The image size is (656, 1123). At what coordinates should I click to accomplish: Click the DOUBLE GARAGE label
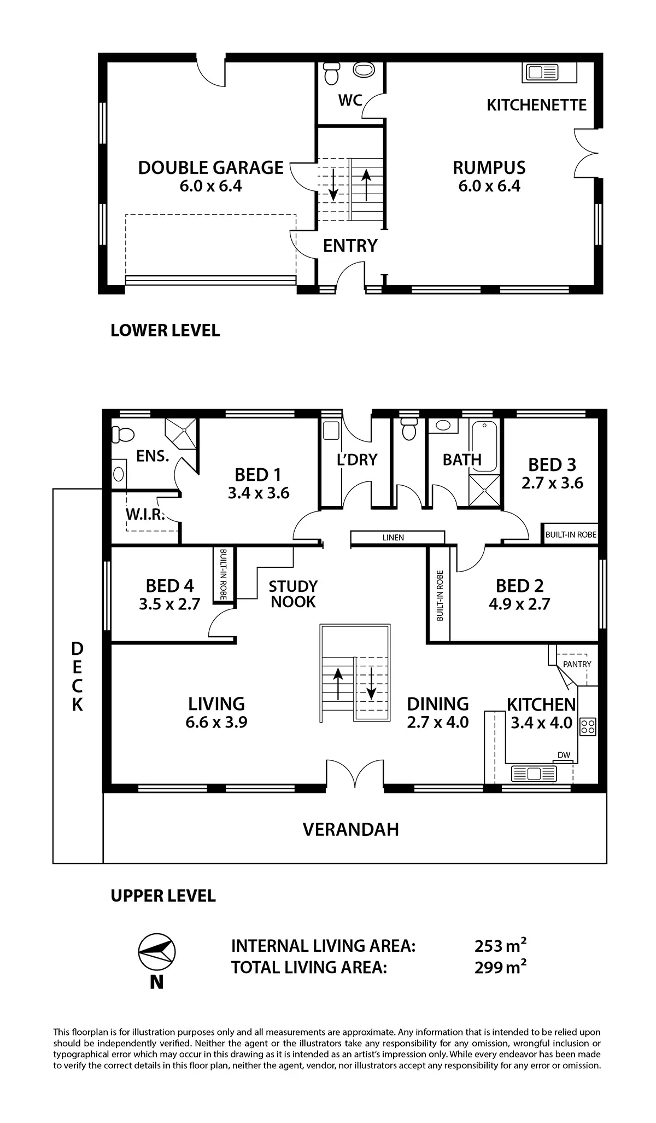tap(210, 167)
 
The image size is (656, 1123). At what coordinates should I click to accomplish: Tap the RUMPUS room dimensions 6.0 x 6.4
tap(489, 186)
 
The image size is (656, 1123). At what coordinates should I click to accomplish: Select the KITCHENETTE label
tap(536, 104)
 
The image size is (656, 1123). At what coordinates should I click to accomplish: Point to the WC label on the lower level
tap(350, 100)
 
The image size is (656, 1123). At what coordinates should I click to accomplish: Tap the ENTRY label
tap(350, 246)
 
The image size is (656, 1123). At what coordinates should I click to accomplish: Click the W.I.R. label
tap(145, 514)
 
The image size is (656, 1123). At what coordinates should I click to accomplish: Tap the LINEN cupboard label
tap(393, 538)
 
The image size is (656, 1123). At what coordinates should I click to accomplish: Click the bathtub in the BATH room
tap(485, 446)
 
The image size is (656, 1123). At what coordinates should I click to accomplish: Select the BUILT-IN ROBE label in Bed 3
tap(571, 534)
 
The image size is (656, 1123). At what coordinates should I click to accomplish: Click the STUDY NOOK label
tap(293, 594)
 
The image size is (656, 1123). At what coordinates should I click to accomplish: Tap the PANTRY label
tap(577, 664)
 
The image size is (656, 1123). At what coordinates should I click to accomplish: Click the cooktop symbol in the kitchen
tap(588, 726)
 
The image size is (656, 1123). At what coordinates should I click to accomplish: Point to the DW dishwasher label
tap(564, 755)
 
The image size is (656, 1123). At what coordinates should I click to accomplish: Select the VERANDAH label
tap(350, 829)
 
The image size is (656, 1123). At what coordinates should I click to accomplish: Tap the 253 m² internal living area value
tap(500, 946)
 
